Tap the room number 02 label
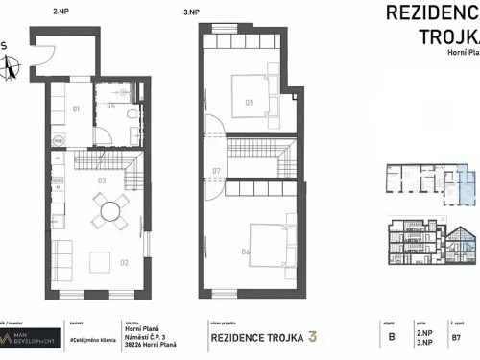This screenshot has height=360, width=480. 123,260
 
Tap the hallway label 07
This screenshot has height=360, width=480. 217,173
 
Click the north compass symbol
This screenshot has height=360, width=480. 11,67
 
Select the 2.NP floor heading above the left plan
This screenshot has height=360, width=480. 61,12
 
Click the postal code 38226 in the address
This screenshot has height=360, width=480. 135,346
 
